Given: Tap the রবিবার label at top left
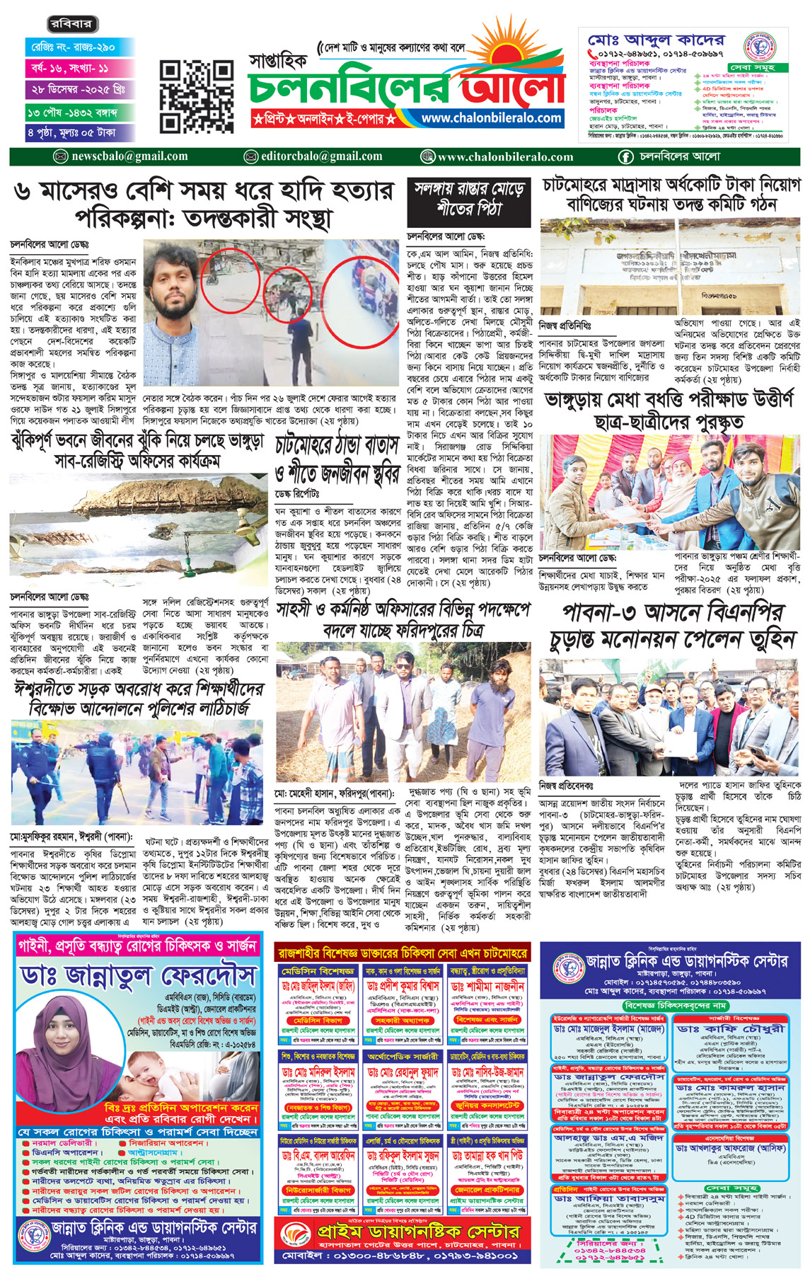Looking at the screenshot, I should pyautogui.click(x=71, y=24).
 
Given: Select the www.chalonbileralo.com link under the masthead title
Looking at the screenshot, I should pyautogui.click(x=492, y=118).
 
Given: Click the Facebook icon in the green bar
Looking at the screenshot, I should pyautogui.click(x=626, y=156).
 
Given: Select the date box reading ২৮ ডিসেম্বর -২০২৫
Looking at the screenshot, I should pyautogui.click(x=79, y=91).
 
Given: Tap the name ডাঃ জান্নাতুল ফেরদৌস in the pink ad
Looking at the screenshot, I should pyautogui.click(x=138, y=977).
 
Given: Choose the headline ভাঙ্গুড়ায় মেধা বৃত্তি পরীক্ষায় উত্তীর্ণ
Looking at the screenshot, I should pyautogui.click(x=669, y=411).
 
